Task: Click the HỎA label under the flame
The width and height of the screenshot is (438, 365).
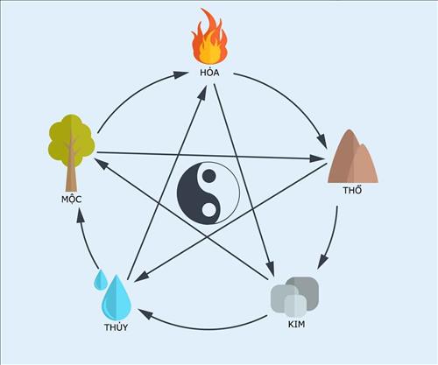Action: point(209,72)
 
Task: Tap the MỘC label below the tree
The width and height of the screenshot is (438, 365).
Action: point(72,200)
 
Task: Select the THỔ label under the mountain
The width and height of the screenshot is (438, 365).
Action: point(352,190)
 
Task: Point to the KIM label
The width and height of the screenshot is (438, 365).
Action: point(296,324)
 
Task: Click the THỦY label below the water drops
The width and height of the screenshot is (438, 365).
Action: point(117,327)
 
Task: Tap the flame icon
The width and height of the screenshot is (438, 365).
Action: point(209,37)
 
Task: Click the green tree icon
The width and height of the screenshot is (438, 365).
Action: point(71,151)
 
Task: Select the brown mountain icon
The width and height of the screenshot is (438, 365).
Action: point(353,157)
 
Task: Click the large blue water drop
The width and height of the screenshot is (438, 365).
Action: point(117,298)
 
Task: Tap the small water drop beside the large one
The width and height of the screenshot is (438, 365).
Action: point(101,280)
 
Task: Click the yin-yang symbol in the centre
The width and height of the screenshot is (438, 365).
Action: point(208,193)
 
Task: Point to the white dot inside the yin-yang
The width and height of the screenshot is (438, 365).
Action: point(208,210)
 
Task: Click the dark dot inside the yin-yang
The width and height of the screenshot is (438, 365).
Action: point(208,176)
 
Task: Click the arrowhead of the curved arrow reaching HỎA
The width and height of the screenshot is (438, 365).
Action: point(180,74)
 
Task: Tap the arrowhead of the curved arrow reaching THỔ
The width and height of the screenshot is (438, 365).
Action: point(321,140)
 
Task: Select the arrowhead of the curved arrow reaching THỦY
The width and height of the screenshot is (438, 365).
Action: point(145,314)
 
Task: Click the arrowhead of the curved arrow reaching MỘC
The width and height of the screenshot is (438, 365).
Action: point(81,215)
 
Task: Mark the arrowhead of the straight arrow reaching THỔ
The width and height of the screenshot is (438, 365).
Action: point(317,158)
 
